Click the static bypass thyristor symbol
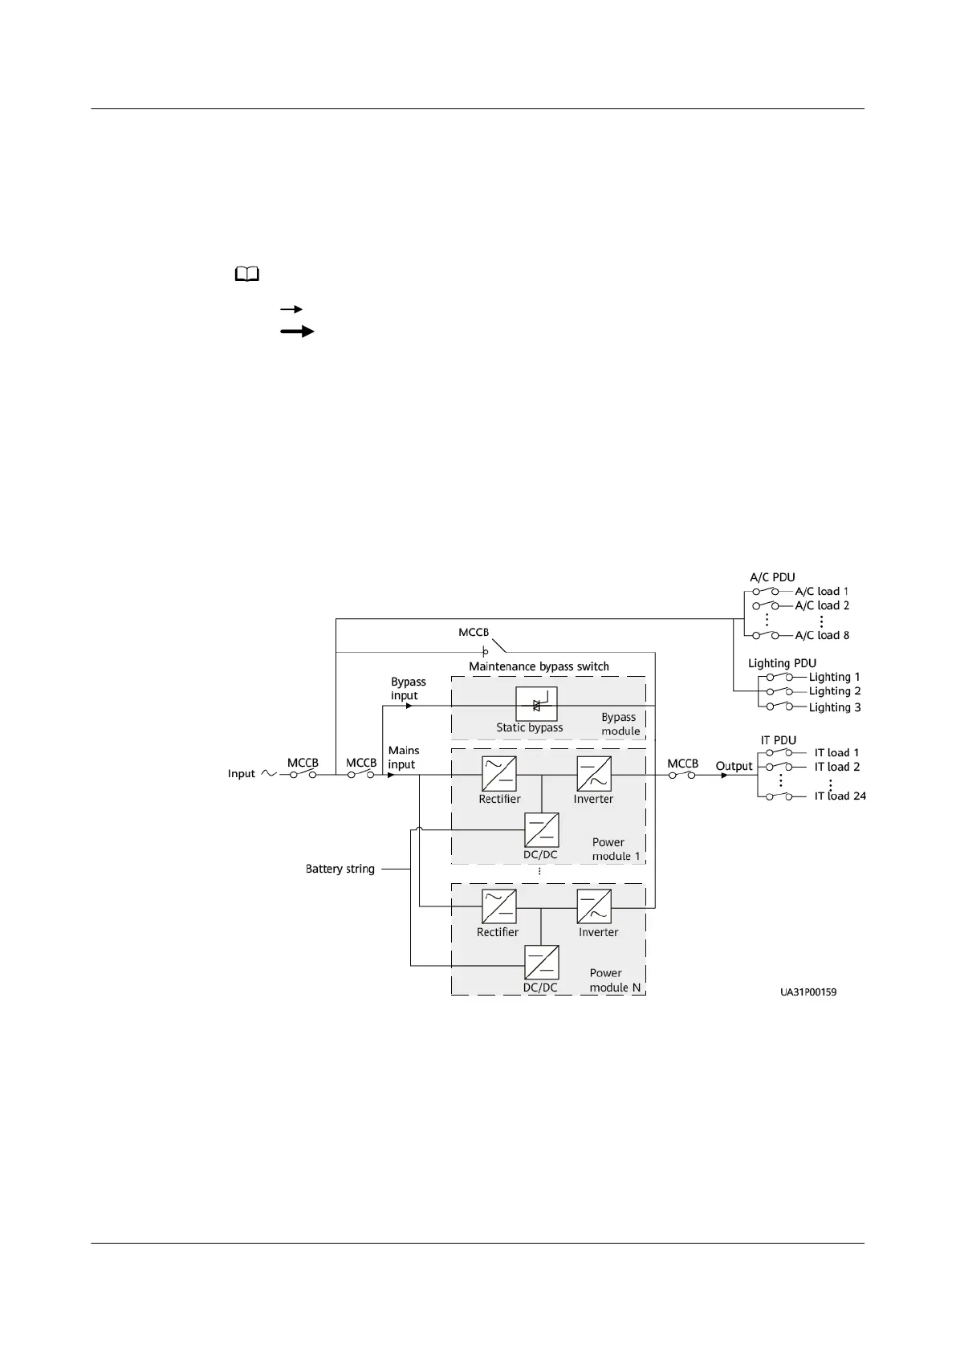[536, 705]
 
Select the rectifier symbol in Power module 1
[499, 774]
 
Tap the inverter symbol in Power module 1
[594, 774]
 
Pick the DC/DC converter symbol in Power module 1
[541, 830]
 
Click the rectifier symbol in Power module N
[499, 907]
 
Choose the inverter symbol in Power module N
[594, 907]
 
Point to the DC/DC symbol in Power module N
[541, 963]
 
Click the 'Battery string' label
[340, 869]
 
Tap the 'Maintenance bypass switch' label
[539, 666]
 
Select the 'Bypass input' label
[408, 689]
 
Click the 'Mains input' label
[403, 757]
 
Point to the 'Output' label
[734, 766]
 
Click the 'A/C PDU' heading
[772, 577]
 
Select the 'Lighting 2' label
[835, 691]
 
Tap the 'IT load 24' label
[840, 796]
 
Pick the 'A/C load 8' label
[822, 635]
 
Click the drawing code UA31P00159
[808, 992]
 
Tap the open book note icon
[247, 275]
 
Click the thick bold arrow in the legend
[297, 331]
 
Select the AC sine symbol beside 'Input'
[267, 774]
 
